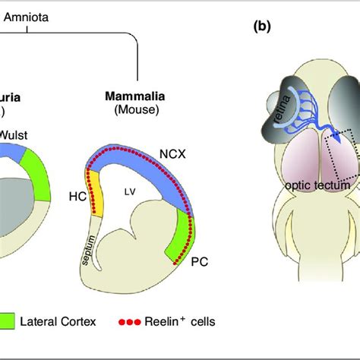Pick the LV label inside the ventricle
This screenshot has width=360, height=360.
pyautogui.click(x=120, y=191)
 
